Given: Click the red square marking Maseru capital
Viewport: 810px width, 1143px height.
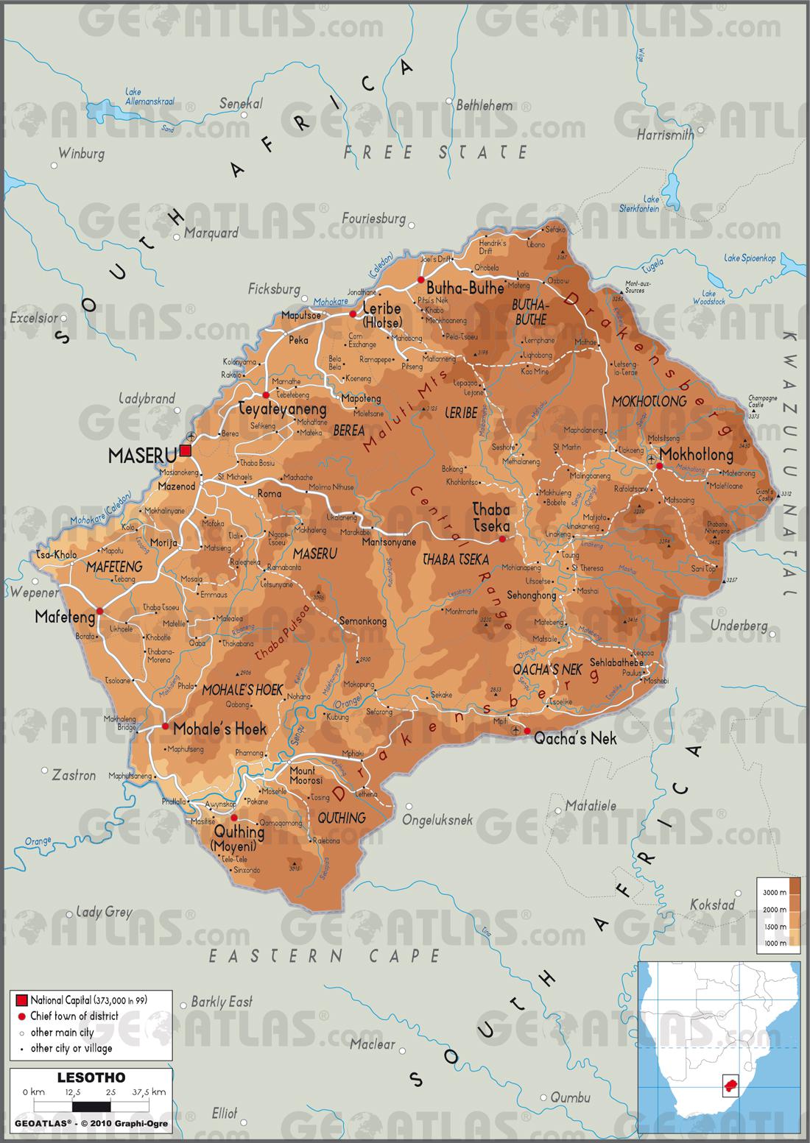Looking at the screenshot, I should (x=185, y=450).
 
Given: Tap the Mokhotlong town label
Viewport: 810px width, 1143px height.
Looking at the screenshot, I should (x=697, y=453).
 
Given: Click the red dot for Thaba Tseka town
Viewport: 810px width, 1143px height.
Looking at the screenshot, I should (x=502, y=539).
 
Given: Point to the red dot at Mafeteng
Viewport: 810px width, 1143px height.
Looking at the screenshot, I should (x=100, y=610).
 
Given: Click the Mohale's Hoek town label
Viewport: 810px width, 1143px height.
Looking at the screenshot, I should (x=219, y=729).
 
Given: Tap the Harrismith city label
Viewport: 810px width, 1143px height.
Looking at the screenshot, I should (x=665, y=135).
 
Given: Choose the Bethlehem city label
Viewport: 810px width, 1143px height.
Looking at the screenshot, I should (x=484, y=105).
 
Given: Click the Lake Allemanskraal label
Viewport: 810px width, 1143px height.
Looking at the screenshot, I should (x=149, y=97).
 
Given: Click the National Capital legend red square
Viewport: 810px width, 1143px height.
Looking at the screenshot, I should (x=21, y=999).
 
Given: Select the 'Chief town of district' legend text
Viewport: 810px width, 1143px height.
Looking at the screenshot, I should (x=74, y=1016).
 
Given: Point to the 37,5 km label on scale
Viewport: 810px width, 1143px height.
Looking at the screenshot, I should (x=148, y=1091).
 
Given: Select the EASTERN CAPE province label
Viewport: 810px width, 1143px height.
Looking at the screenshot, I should (x=324, y=956).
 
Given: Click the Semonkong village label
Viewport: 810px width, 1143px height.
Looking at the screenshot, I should (x=362, y=621).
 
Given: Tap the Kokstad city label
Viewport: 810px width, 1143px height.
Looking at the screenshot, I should (x=711, y=905).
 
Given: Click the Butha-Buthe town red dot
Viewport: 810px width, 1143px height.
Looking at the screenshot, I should (x=420, y=280).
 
